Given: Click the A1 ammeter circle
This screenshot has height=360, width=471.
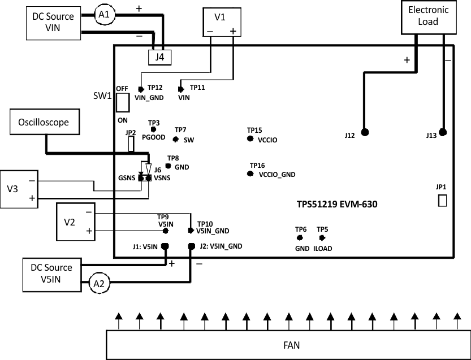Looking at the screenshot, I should (x=103, y=16).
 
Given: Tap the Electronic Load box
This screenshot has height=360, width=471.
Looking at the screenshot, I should (x=428, y=15).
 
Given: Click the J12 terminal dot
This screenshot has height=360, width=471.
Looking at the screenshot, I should (x=365, y=132).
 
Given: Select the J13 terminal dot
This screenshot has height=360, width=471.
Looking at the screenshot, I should (x=443, y=133).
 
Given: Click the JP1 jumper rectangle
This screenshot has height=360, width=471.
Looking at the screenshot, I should (x=442, y=200).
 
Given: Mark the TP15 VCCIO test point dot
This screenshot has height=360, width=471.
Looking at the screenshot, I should (x=251, y=138).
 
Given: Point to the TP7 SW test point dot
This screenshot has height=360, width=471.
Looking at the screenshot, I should (x=176, y=140).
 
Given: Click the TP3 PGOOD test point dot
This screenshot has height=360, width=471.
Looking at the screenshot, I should (x=153, y=130).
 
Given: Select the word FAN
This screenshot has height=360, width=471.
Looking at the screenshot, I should (x=292, y=345).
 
